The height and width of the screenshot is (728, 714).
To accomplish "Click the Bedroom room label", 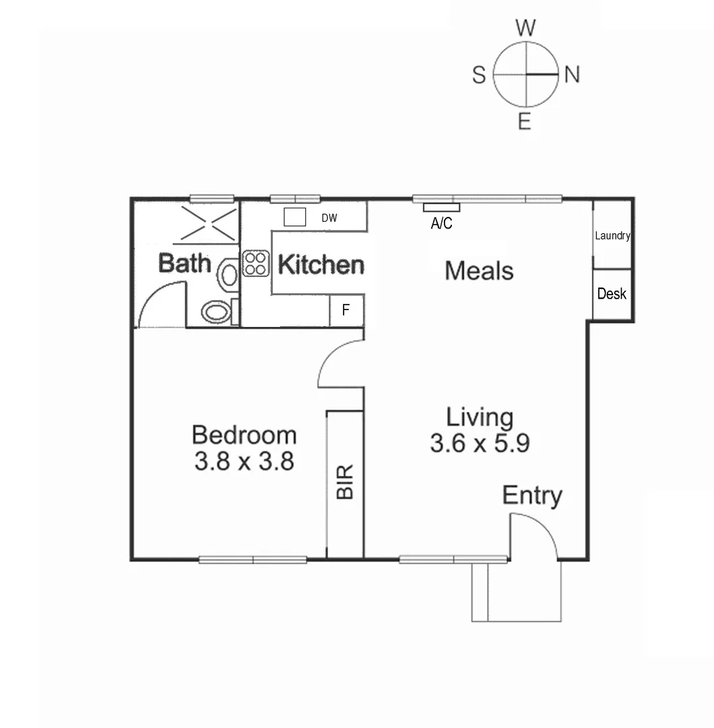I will [244, 435].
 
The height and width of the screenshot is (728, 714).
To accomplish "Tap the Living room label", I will [480, 417].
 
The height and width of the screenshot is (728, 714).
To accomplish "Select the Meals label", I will [479, 271].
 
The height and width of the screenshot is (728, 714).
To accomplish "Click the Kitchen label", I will [321, 265].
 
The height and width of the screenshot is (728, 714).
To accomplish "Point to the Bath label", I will [185, 263].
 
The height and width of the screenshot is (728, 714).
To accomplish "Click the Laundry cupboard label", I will [612, 236].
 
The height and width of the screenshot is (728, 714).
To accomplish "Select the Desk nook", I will [612, 294].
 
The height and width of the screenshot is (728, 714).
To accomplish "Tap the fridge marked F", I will [346, 311].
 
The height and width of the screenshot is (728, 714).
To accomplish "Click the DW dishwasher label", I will [329, 218].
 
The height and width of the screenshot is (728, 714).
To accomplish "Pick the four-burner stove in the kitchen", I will [256, 263].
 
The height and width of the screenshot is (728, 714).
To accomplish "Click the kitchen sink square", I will [294, 217].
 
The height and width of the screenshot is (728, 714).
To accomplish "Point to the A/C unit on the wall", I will [441, 208].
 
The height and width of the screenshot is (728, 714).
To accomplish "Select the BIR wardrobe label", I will [345, 481].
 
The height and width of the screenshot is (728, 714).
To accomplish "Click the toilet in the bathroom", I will [218, 311].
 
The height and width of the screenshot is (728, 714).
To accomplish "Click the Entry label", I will [532, 495].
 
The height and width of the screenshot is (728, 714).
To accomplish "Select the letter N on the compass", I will [572, 75].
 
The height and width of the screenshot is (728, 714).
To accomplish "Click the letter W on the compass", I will [525, 28].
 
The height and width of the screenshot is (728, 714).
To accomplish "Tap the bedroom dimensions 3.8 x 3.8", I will [244, 462].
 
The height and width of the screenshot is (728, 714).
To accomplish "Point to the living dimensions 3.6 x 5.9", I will [480, 444].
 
